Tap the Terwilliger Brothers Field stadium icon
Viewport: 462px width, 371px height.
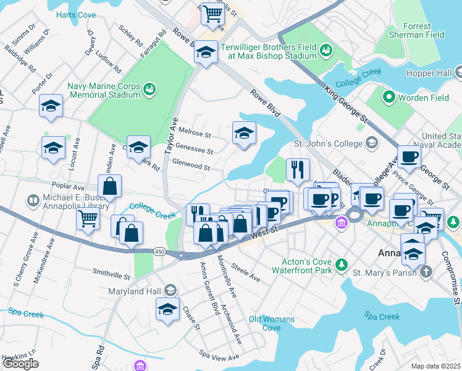coord(325,49)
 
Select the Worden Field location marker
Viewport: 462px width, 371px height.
coord(388,97)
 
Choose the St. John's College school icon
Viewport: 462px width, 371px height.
coord(371,145)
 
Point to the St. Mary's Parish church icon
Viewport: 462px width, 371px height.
coord(426,271)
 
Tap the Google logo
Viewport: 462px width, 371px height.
coord(20,364)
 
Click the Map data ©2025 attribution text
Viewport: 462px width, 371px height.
coord(435,366)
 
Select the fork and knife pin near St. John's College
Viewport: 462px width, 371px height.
coord(298,169)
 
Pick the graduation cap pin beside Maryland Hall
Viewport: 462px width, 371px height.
coord(167,310)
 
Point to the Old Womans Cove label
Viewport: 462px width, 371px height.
coord(264,323)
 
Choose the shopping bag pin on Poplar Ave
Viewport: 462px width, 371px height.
coord(109,185)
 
